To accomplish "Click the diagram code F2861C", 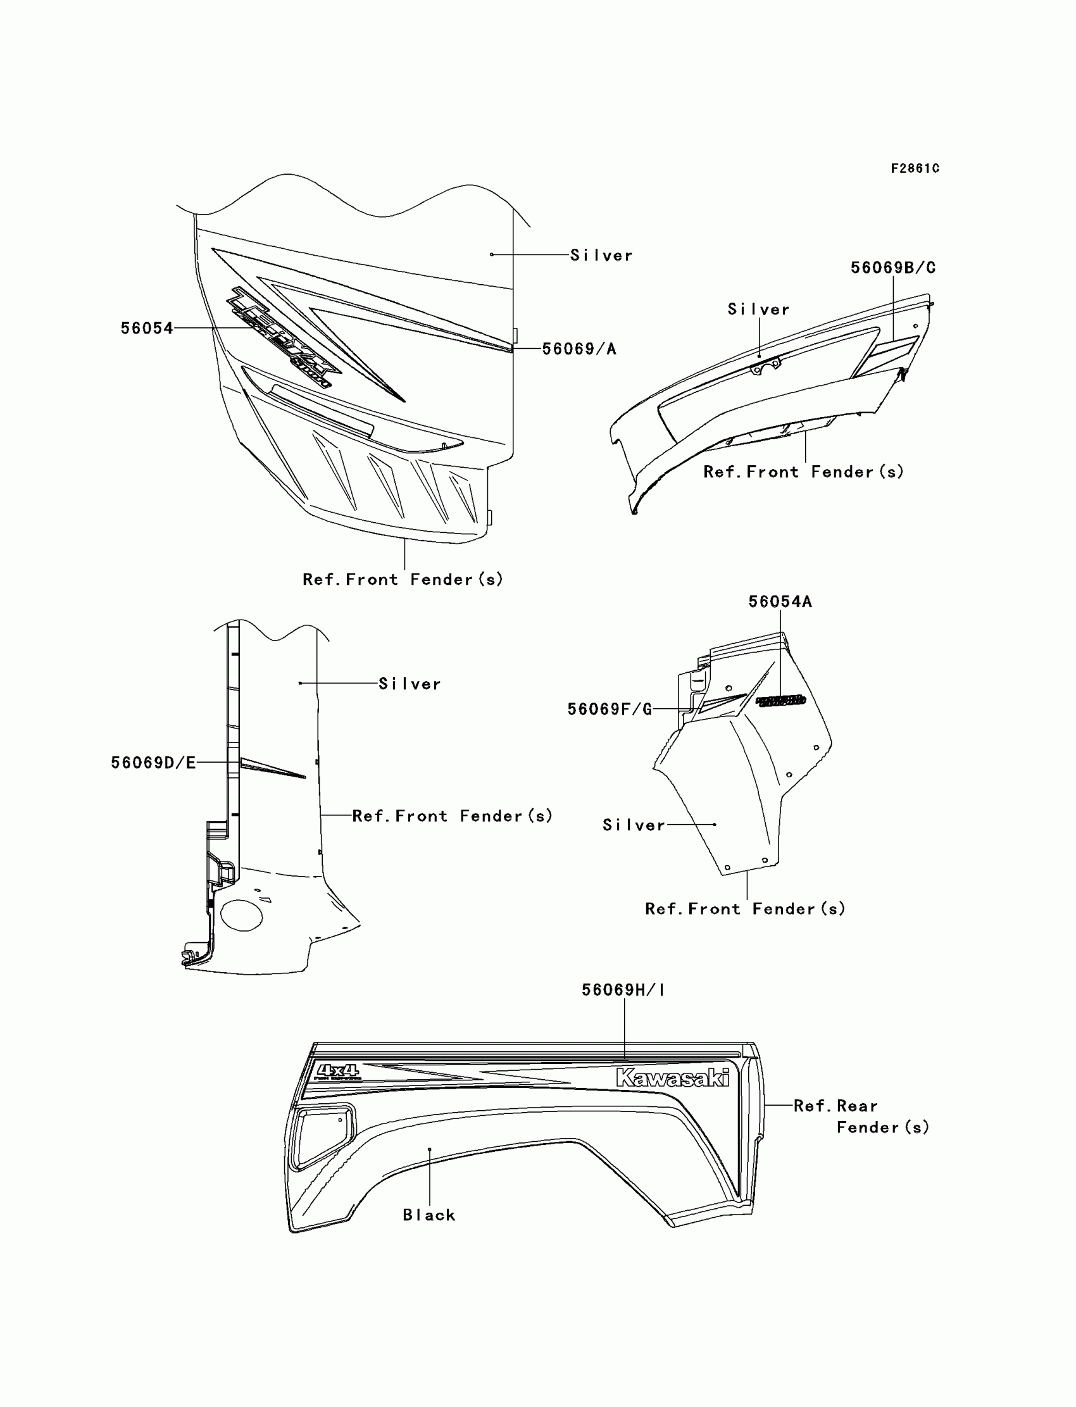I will click(x=915, y=168).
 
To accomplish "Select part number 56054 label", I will click(x=147, y=328).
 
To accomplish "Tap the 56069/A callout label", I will click(x=579, y=349).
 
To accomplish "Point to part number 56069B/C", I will click(x=893, y=268).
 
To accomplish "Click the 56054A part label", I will click(x=780, y=602).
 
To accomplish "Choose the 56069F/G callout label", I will click(x=609, y=710).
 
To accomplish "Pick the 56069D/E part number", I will click(x=153, y=763).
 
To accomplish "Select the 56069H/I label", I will click(x=623, y=990).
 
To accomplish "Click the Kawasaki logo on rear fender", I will click(x=672, y=1078).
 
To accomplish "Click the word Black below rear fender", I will click(x=429, y=1215).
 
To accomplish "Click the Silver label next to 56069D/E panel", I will click(x=410, y=684).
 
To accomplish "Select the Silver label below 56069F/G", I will click(x=634, y=825).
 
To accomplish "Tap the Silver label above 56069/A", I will click(x=601, y=256).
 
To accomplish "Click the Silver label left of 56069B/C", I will click(x=758, y=310).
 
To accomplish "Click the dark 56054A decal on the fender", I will click(x=780, y=701).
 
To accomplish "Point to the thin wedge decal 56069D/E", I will click(x=272, y=768).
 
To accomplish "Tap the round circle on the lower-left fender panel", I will click(x=241, y=915).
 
